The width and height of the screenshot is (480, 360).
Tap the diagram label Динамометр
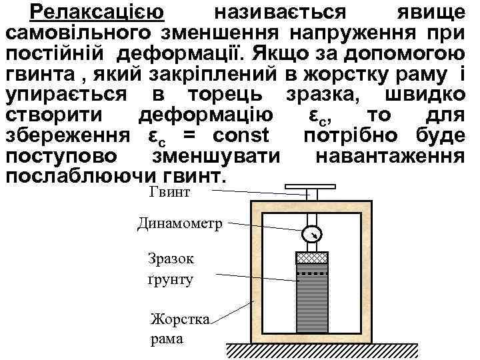coord(180,224)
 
